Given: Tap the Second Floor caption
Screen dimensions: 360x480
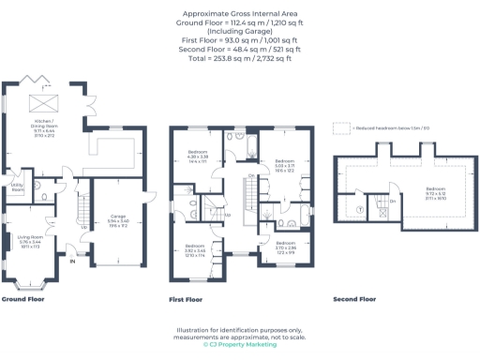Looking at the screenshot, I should click(x=354, y=299).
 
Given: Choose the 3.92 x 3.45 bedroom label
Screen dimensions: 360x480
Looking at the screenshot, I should click(x=195, y=250).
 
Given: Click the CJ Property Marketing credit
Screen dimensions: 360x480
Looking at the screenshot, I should click(x=240, y=344).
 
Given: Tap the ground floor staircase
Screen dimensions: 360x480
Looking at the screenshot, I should click(x=82, y=211).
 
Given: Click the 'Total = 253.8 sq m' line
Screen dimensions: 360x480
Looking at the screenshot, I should click(x=240, y=57).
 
